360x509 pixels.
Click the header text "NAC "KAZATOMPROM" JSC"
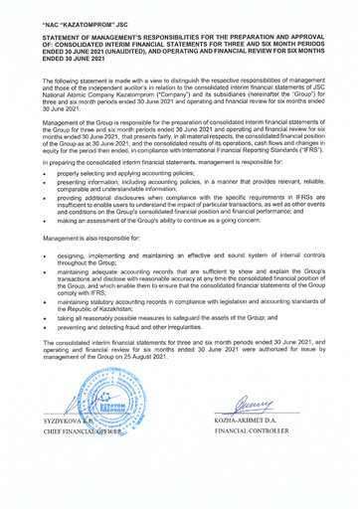click(x=87, y=20)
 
